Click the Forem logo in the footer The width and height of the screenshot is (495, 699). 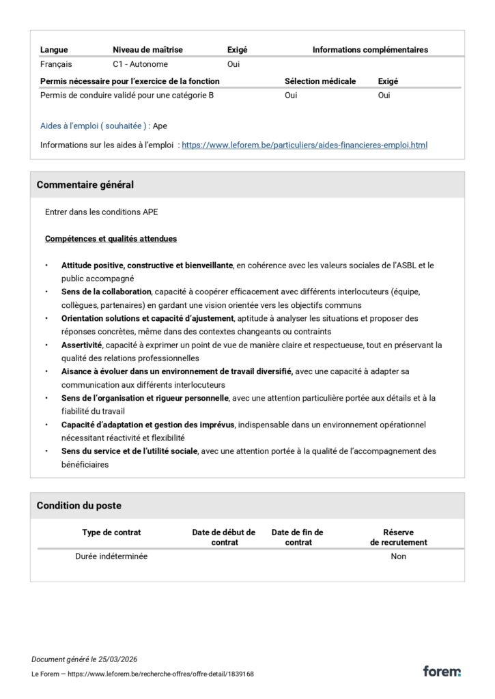click(x=441, y=671)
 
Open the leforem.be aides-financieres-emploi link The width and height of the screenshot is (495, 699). click(x=305, y=145)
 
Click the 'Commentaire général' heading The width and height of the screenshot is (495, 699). click(x=85, y=185)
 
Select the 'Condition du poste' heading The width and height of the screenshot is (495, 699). click(x=79, y=506)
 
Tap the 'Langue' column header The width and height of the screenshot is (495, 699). click(x=54, y=50)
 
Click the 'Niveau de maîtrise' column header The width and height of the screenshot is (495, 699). click(x=147, y=50)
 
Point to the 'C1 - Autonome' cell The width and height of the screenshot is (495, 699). click(x=140, y=65)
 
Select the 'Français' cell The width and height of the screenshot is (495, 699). click(x=57, y=65)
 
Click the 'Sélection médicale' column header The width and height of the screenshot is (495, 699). click(x=320, y=81)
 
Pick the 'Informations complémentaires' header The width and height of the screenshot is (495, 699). click(x=370, y=50)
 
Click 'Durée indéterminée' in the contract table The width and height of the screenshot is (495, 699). click(x=111, y=556)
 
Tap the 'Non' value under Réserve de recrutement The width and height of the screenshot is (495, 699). click(x=399, y=556)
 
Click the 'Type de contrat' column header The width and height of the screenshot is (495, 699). click(x=111, y=532)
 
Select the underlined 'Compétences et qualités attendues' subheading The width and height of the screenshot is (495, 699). click(x=111, y=239)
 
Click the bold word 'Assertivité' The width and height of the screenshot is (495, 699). click(x=81, y=345)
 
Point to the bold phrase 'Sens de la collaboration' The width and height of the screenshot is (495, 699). click(x=106, y=292)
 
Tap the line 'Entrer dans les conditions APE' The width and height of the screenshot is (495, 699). click(x=101, y=212)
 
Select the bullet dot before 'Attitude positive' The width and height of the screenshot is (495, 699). click(x=46, y=266)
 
